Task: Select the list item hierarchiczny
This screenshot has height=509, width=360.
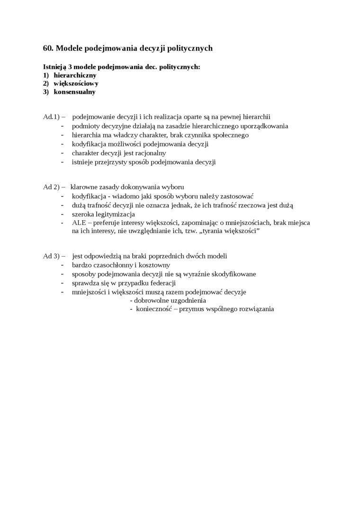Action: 75,75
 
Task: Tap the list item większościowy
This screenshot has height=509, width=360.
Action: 76,83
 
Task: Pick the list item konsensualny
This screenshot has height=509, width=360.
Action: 74,92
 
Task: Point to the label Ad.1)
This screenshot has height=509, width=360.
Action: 51,117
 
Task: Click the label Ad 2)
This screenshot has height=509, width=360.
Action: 51,187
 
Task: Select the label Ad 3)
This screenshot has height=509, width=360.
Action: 51,256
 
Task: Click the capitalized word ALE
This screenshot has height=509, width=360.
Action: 79,223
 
